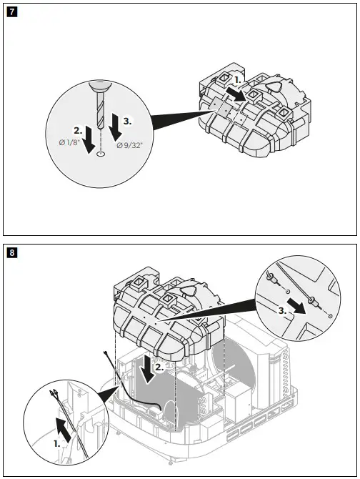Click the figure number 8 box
(x=11, y=252)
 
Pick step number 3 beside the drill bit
(x=127, y=122)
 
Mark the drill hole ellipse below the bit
(x=100, y=152)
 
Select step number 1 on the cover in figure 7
(x=239, y=81)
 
